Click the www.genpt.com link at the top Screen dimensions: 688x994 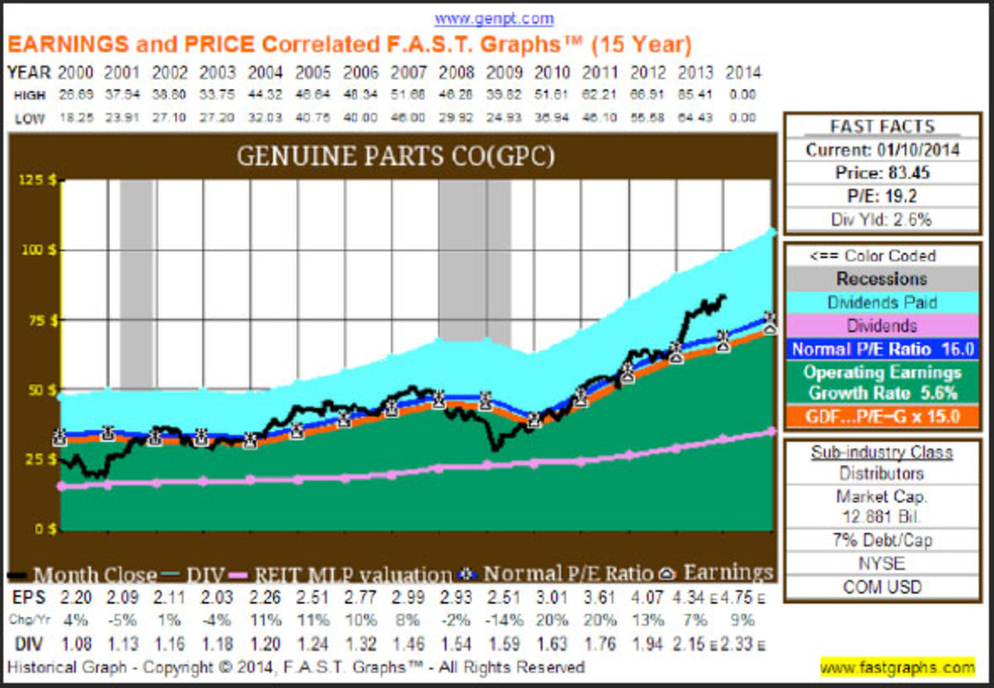coord(494,18)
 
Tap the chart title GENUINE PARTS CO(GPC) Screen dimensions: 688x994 coord(395,157)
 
